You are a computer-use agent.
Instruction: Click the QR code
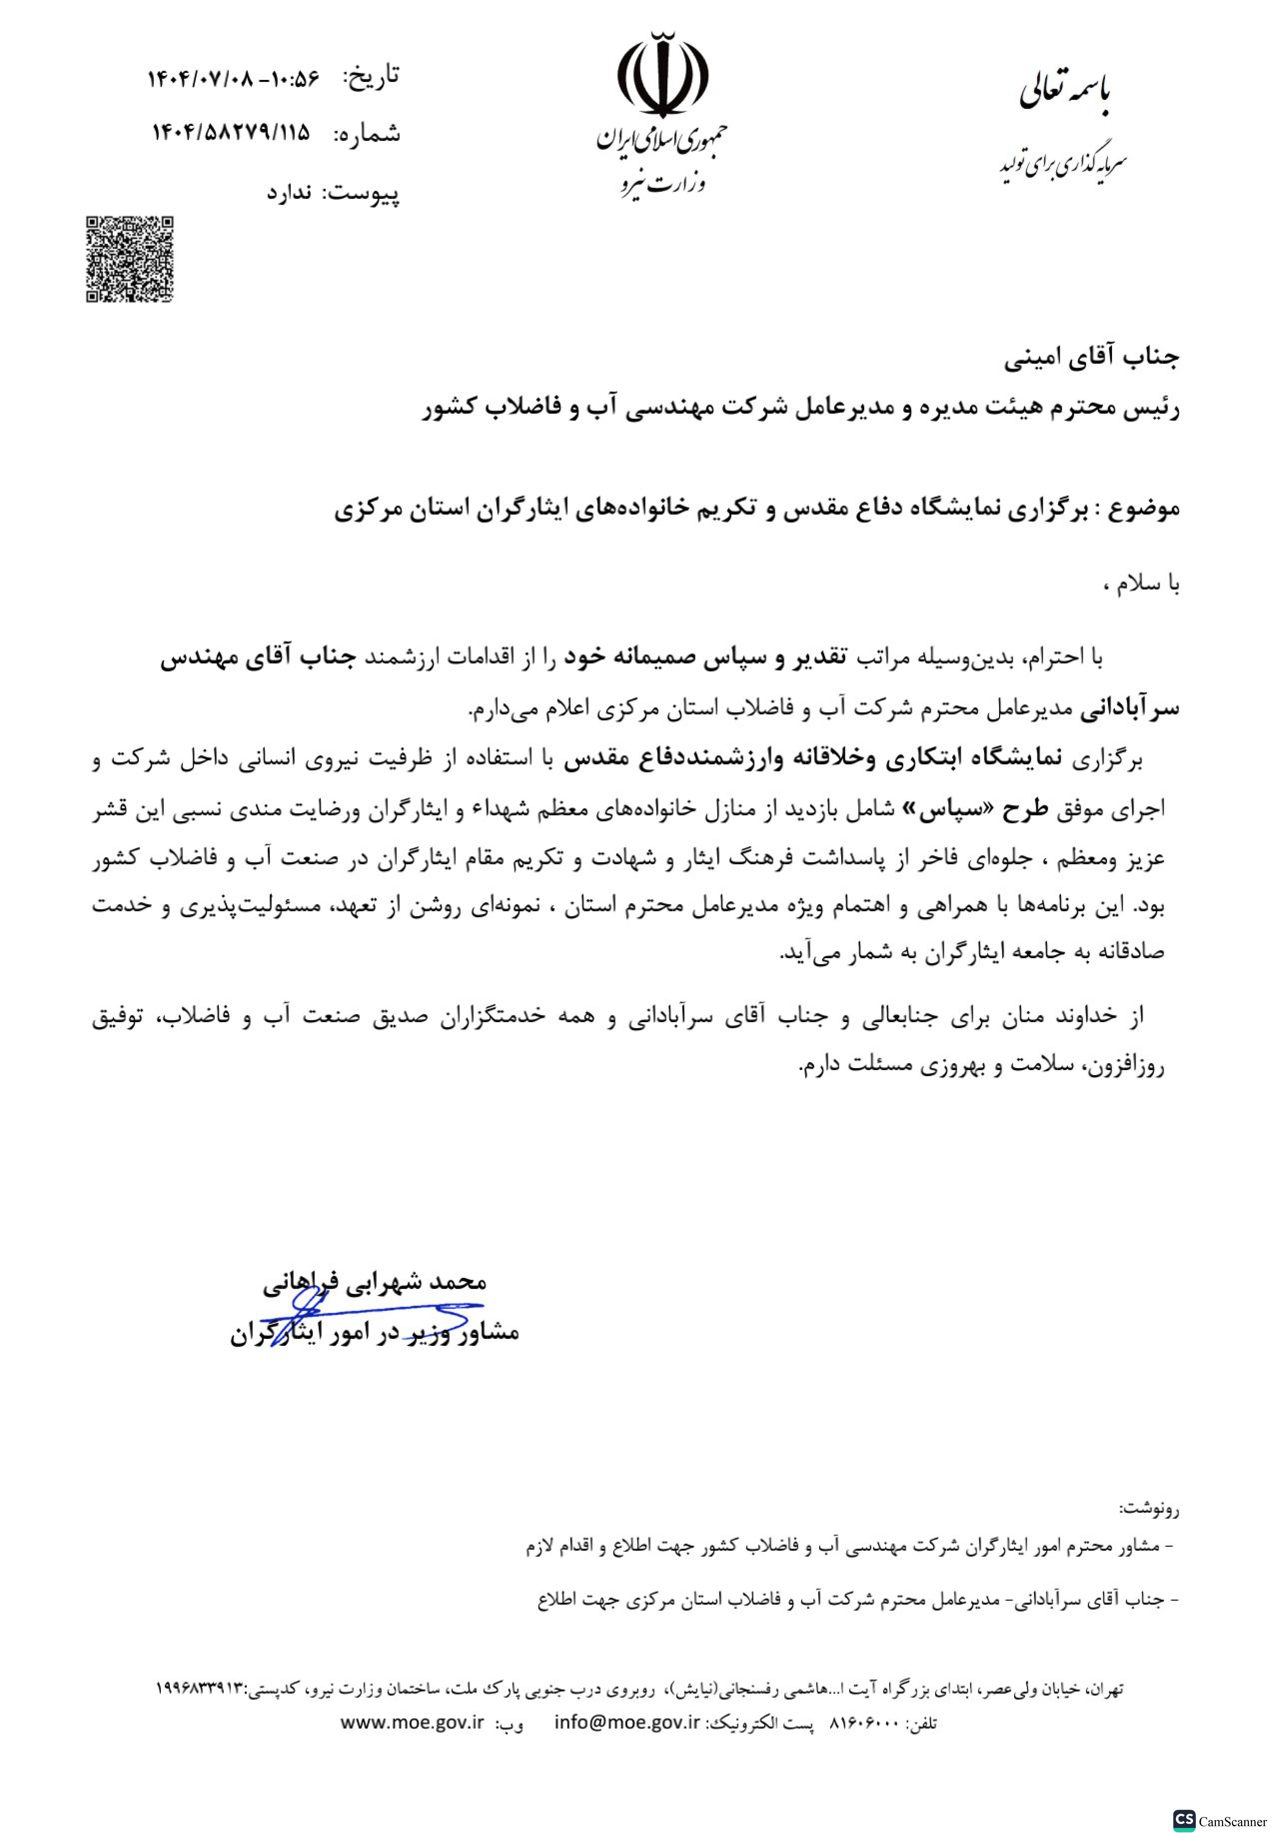click(x=129, y=259)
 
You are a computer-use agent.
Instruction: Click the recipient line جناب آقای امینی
click(x=1091, y=358)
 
